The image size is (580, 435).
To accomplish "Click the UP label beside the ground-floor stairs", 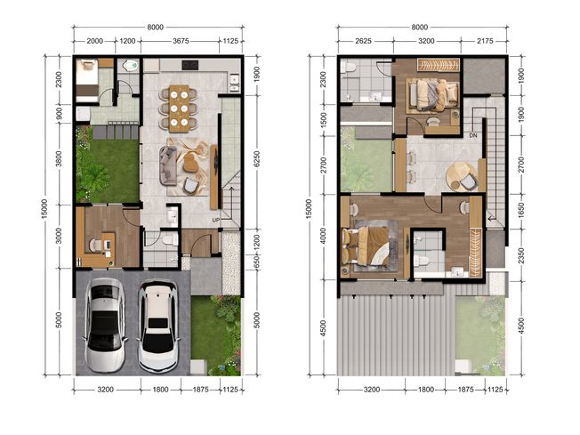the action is (x=216, y=221).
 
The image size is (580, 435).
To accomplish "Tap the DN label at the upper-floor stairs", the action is (x=473, y=136).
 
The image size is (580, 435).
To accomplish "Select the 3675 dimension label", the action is (x=181, y=41).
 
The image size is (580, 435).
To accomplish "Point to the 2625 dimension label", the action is (x=363, y=41).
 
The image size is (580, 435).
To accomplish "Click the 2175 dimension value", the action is (x=485, y=41).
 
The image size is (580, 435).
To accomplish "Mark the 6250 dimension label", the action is (x=257, y=159).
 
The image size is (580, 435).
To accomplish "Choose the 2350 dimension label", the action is (x=521, y=255).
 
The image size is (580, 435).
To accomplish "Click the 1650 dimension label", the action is (x=521, y=210).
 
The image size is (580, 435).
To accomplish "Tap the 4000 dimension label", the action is (x=323, y=237).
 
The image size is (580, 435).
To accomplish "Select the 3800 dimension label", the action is (x=59, y=158).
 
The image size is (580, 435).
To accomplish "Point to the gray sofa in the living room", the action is (x=168, y=165).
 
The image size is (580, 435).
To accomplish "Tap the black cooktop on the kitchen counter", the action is (x=190, y=65).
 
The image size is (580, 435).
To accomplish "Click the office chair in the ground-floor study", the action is (x=96, y=245).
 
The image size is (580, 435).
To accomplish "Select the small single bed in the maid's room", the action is (x=87, y=80).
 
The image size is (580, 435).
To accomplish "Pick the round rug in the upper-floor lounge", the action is (x=462, y=177).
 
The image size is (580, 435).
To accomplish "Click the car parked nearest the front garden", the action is (x=158, y=326).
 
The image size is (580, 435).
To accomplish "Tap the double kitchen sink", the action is (x=234, y=84).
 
